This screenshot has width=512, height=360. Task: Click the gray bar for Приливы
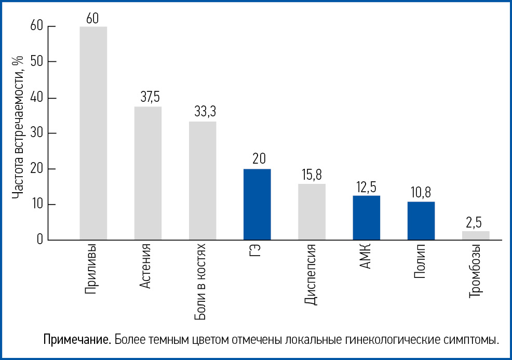93,133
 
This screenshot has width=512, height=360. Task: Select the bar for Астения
148,173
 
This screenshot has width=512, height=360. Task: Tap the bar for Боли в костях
203,180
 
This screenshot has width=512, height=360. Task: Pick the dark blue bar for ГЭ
257,204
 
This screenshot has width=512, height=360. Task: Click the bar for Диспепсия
312,211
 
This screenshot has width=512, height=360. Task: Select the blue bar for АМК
366,218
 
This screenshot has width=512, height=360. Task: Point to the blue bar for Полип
421,221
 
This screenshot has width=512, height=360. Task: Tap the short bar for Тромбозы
476,235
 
